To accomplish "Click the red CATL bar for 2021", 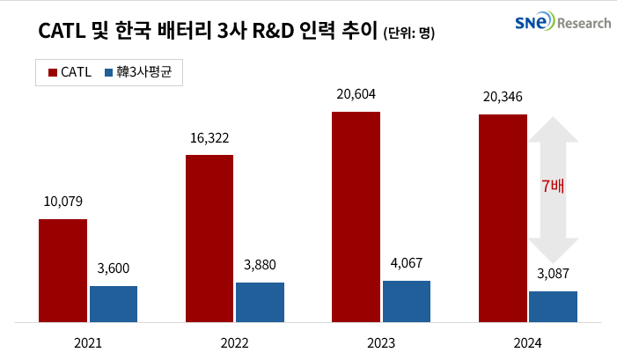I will (x=62, y=270).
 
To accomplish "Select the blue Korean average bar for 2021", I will (x=114, y=304).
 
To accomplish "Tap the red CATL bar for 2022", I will (x=209, y=238).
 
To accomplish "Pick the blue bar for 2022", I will (x=260, y=302).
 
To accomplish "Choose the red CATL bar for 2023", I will (x=356, y=217).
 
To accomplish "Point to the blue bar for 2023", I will (x=407, y=301).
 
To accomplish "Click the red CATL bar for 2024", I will (x=502, y=217).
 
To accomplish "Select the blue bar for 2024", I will (x=553, y=306).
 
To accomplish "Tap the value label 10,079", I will (x=62, y=202).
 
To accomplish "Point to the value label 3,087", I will (x=553, y=275).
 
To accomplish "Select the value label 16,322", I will (x=209, y=138).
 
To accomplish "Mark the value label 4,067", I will (x=407, y=264).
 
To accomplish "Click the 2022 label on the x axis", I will (x=234, y=342).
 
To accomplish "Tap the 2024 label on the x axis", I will (x=527, y=342).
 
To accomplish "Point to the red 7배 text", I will (x=552, y=186).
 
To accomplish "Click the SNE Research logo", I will (x=562, y=23).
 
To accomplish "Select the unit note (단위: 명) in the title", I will (x=409, y=33).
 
